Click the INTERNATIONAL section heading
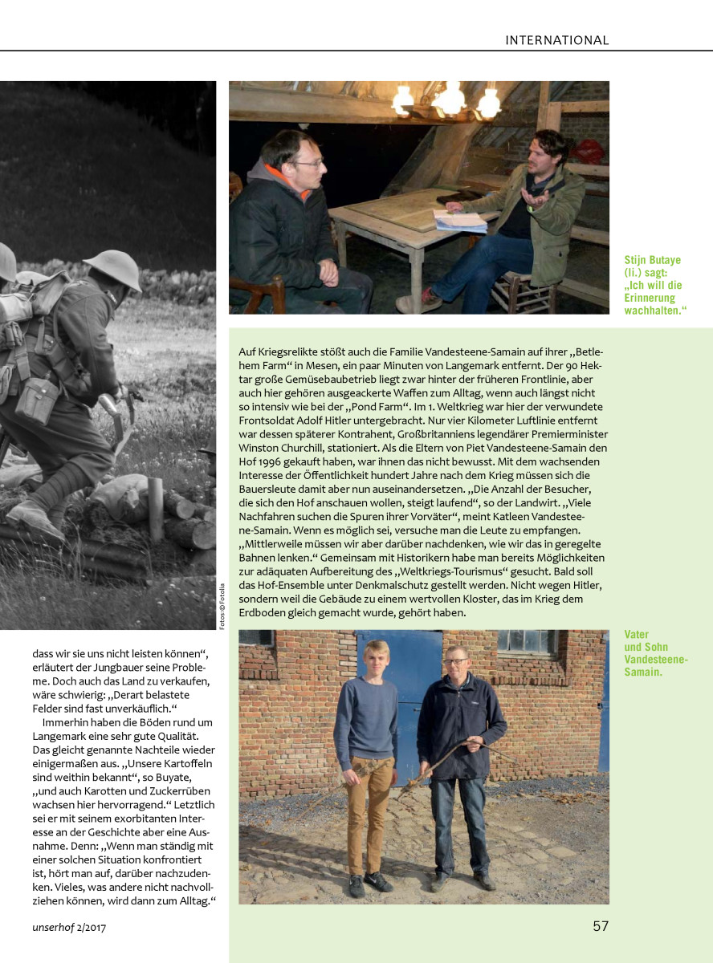tap(556, 40)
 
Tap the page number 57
tap(601, 926)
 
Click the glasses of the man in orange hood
tap(308, 163)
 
